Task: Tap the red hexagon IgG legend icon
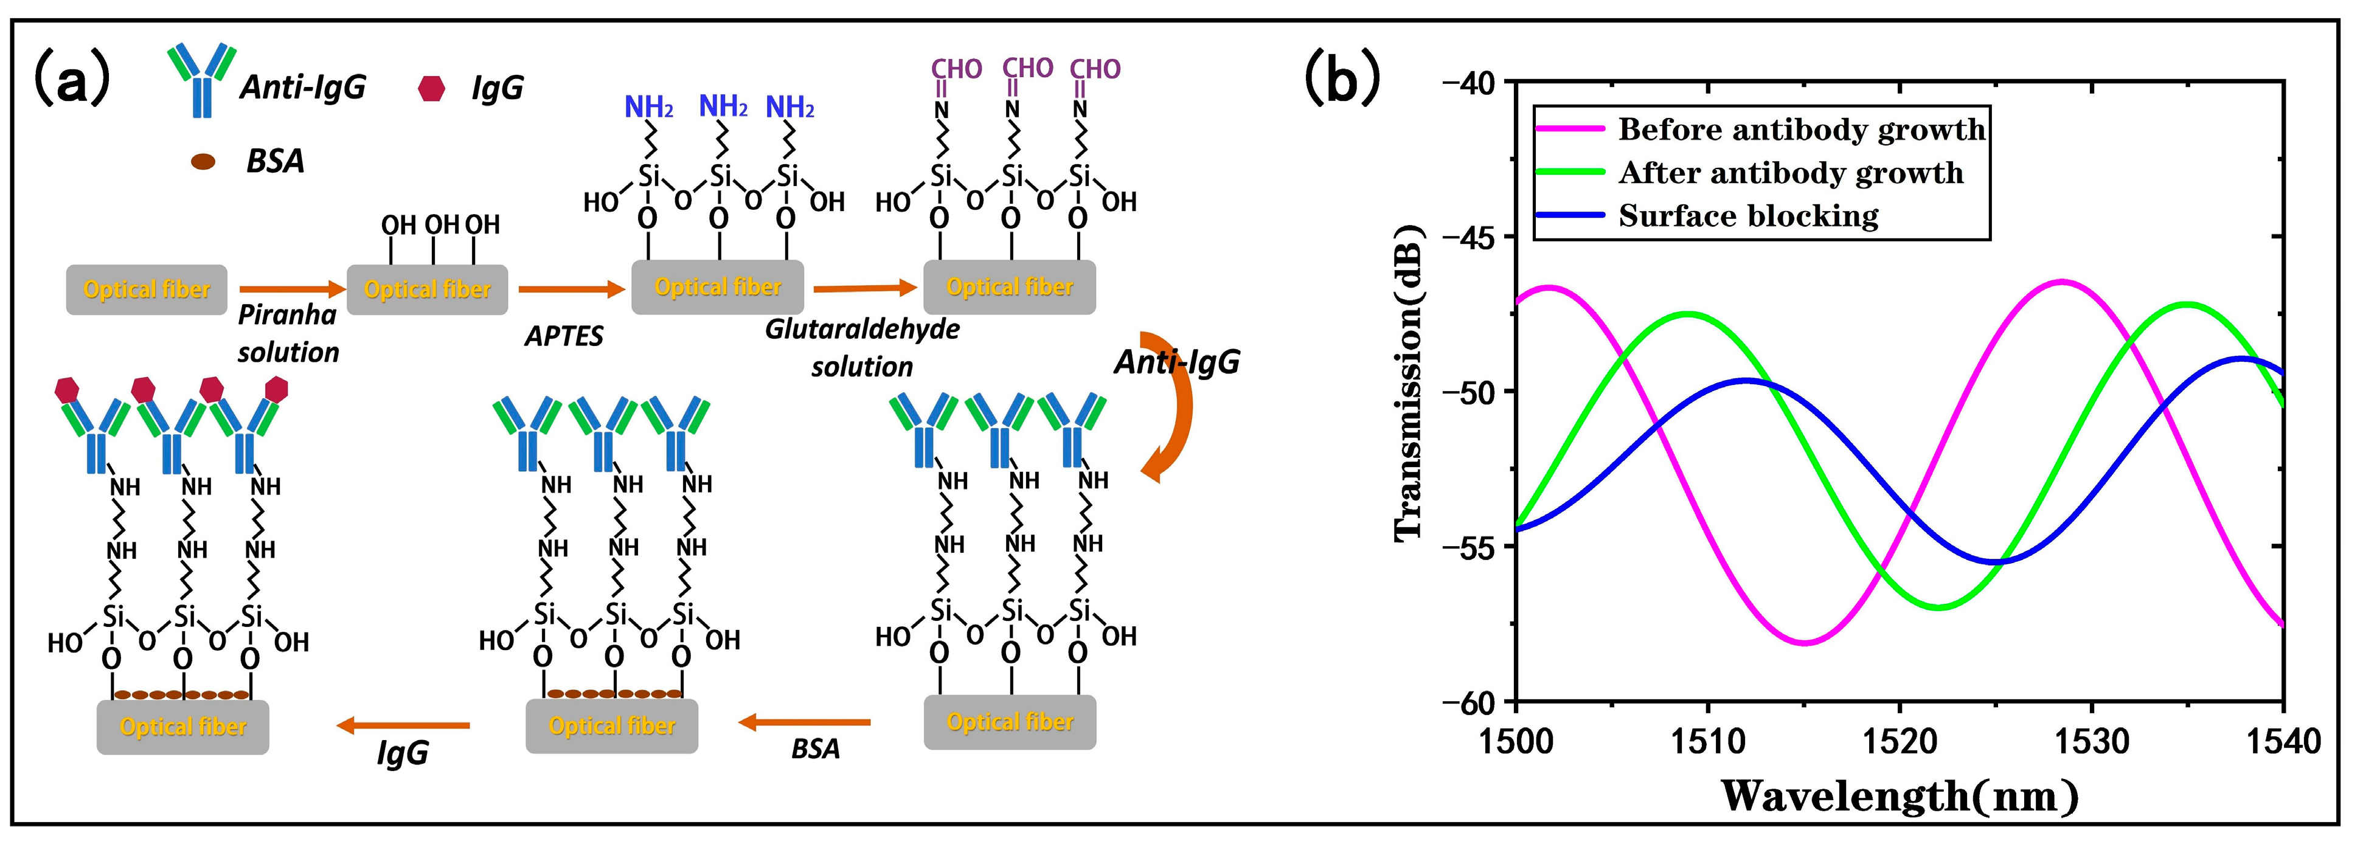coord(431,88)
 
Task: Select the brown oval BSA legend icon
coord(203,162)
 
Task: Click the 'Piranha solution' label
coord(288,334)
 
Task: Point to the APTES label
coord(563,337)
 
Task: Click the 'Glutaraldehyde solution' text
coord(862,348)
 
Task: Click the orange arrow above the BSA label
coord(805,723)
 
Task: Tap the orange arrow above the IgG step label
coord(404,725)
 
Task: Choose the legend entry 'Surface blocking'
coord(1747,216)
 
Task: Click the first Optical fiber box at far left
coord(147,290)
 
